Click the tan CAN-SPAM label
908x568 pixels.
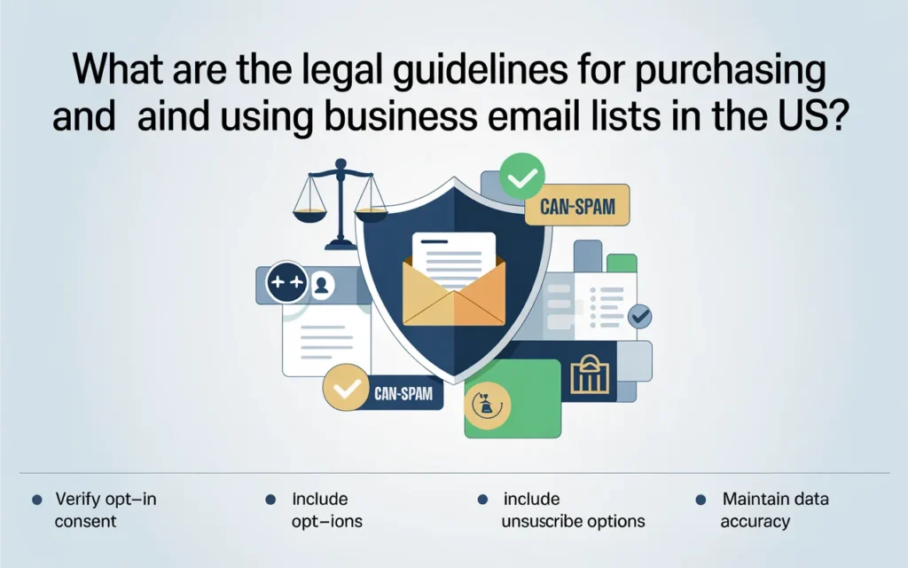pyautogui.click(x=577, y=209)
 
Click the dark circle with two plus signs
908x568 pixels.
pyautogui.click(x=286, y=284)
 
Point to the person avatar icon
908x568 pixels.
pyautogui.click(x=322, y=285)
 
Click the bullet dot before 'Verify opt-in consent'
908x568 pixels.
pyautogui.click(x=36, y=501)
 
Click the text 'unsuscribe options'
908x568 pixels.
pyautogui.click(x=573, y=521)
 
